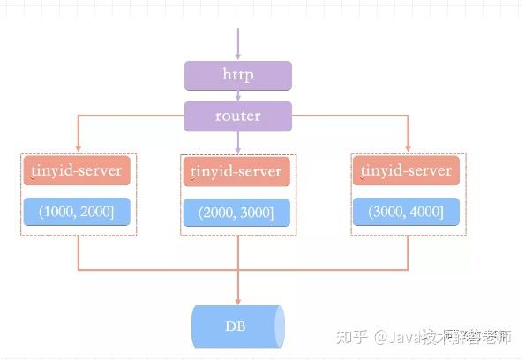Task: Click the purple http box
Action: click(237, 75)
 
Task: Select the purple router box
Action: click(237, 116)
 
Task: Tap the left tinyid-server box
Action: click(77, 170)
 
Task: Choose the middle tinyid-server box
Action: click(237, 171)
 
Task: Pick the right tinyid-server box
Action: click(408, 170)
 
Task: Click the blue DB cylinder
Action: click(238, 327)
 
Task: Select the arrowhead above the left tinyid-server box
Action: click(78, 148)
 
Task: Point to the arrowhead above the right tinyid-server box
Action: click(409, 148)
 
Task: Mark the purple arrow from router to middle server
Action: click(237, 141)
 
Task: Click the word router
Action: click(237, 116)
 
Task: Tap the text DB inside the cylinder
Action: click(235, 327)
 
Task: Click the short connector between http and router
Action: click(237, 96)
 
